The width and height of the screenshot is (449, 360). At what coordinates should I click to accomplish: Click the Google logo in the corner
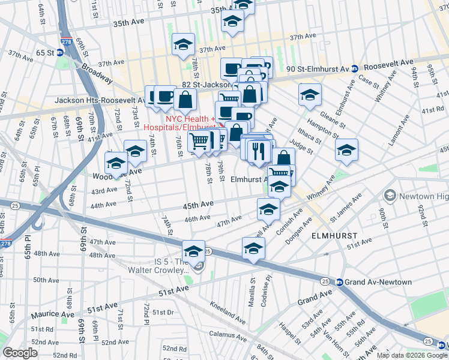(x=20, y=353)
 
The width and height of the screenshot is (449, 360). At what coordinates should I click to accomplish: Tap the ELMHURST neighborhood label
(x=334, y=236)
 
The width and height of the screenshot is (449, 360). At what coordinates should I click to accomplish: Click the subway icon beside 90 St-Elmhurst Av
(x=355, y=69)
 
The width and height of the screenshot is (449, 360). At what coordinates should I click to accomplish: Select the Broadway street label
(x=97, y=73)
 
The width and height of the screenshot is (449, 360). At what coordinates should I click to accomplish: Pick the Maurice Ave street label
(x=53, y=314)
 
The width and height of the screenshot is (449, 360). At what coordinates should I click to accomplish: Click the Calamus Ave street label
(x=229, y=334)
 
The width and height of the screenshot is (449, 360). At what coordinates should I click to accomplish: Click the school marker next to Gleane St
(x=310, y=95)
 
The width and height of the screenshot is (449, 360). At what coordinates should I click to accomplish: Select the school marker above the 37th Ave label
(x=183, y=44)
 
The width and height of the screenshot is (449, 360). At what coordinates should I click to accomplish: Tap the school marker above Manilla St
(x=253, y=248)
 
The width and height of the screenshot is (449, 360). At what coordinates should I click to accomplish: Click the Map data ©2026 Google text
(x=412, y=355)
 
